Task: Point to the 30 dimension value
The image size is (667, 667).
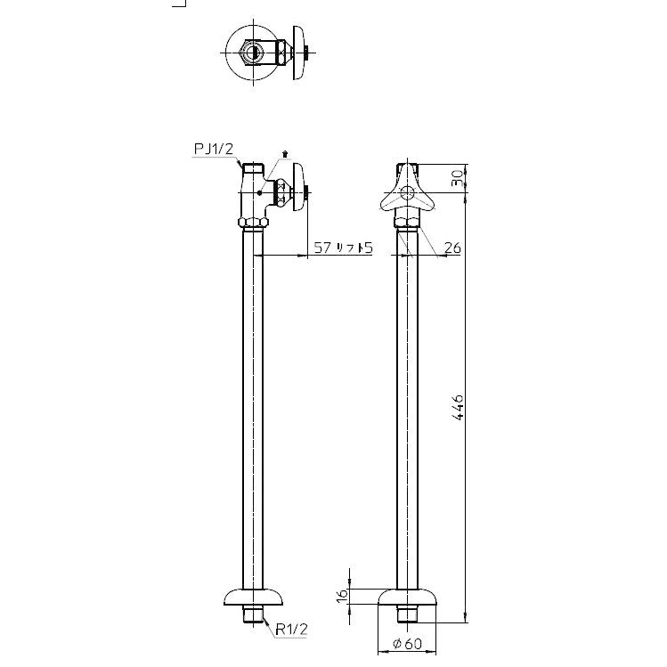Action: (457, 178)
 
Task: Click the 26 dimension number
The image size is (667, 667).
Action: (451, 248)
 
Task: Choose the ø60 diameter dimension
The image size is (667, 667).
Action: (405, 644)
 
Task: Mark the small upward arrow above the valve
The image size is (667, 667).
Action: (284, 154)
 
